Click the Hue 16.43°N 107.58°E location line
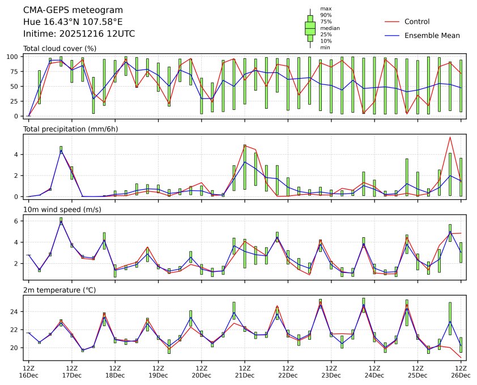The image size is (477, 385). click(73, 22)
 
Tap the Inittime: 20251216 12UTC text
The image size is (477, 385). click(79, 33)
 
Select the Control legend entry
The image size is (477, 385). click(417, 22)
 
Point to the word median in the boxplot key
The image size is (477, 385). click(330, 28)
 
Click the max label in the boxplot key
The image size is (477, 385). click(325, 8)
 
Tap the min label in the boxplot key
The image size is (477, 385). click(325, 48)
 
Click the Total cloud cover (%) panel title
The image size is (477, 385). click(59, 49)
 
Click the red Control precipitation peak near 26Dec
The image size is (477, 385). click(450, 137)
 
